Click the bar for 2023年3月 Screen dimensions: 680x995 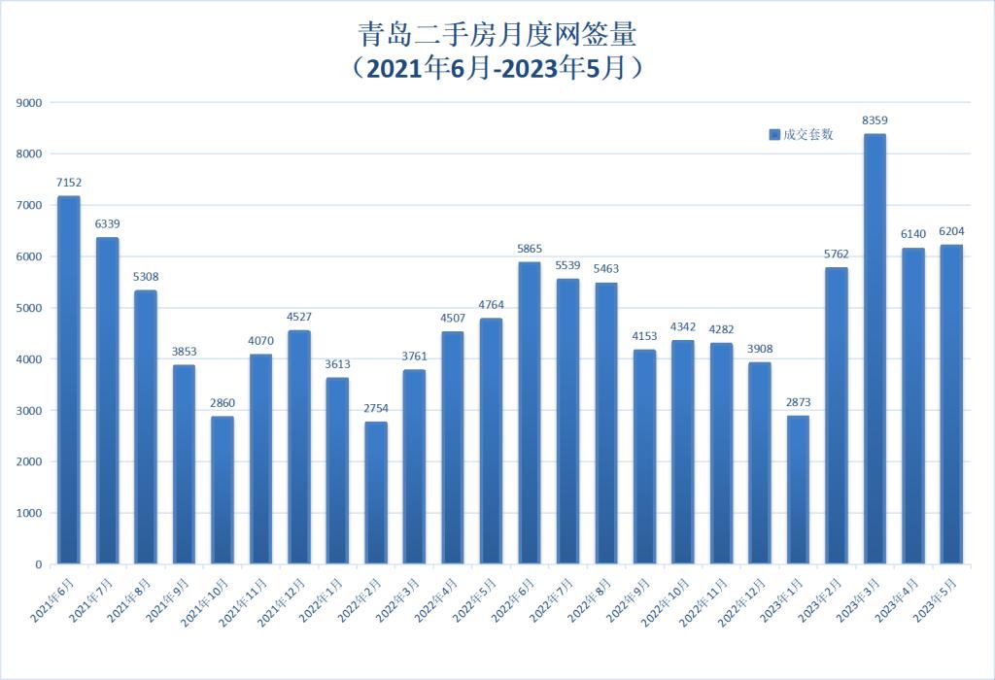pos(875,350)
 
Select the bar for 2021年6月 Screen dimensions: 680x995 pos(69,380)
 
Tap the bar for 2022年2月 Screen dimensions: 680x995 pos(376,493)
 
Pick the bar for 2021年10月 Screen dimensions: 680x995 pos(223,491)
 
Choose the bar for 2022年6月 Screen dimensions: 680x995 pos(530,413)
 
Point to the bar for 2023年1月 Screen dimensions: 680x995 pos(798,490)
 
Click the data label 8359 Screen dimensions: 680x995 pos(875,120)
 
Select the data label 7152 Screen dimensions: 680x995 pos(69,182)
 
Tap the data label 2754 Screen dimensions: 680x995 pos(376,408)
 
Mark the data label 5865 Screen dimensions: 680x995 pos(530,249)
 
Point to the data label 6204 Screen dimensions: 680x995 pos(952,231)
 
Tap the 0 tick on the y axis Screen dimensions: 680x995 pos(38,564)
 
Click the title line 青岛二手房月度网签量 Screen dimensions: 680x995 pos(497,37)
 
